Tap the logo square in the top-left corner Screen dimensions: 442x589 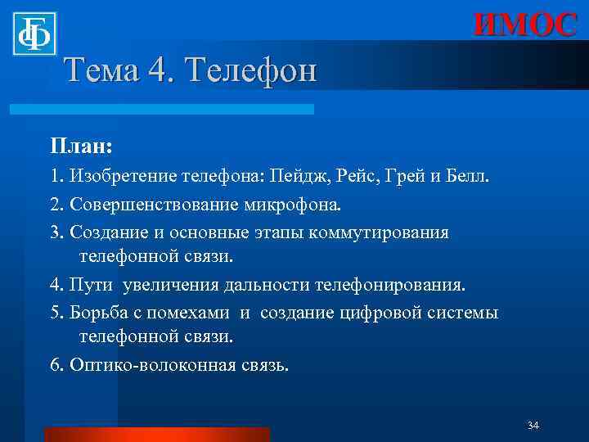coord(34,34)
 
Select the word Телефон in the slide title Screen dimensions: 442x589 coord(251,71)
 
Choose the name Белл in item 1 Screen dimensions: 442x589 coord(467,176)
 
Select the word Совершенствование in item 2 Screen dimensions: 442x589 coord(152,204)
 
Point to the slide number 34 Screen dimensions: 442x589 coord(533,426)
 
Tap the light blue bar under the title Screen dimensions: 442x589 coord(161,109)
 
